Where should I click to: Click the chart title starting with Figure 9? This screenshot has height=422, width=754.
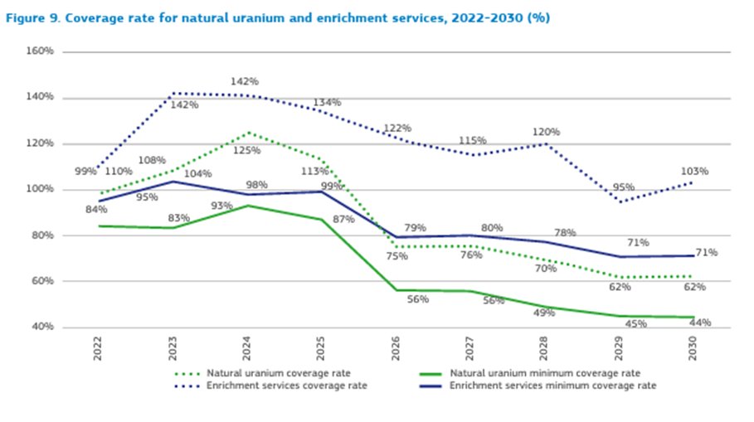coord(278,17)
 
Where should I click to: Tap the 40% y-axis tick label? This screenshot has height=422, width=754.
coord(42,327)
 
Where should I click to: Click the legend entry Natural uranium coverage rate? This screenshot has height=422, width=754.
coord(262,373)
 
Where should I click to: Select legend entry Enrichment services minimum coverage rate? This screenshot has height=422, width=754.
coord(552,386)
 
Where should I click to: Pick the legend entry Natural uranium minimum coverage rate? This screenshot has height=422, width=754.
coord(545,373)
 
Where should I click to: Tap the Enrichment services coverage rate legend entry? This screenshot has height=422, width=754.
coord(270,386)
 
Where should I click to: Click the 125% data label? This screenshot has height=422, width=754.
coord(247,151)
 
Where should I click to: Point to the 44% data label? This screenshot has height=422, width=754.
coord(699,323)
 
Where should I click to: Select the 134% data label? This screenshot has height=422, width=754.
coord(327,103)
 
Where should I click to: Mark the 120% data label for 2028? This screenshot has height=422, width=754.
coord(546,132)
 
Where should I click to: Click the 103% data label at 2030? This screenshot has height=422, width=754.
coord(694,172)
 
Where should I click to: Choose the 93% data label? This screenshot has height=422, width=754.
coord(222,206)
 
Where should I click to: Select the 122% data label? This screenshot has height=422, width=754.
coord(397,129)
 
